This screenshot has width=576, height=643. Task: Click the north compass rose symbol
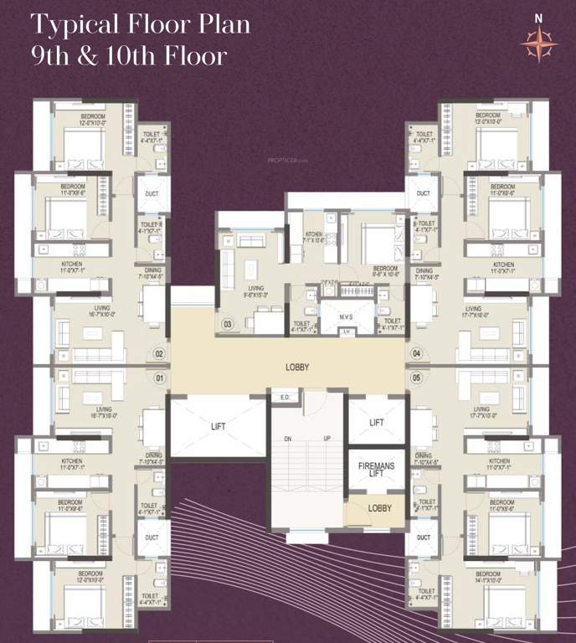[538, 43]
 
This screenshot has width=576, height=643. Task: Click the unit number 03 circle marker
[227, 323]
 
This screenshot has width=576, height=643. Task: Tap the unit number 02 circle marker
[158, 354]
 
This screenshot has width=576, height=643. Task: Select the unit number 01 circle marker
[158, 378]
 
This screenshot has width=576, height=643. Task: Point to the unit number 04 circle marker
[417, 354]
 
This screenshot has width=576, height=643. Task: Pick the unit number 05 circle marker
[417, 378]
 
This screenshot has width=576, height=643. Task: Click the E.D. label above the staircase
[285, 397]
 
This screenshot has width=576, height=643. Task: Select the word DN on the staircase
[289, 439]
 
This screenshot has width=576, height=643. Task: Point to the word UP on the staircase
[327, 439]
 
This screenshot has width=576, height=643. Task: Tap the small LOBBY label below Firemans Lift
[379, 508]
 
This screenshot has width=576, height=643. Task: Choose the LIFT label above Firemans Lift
[376, 424]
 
